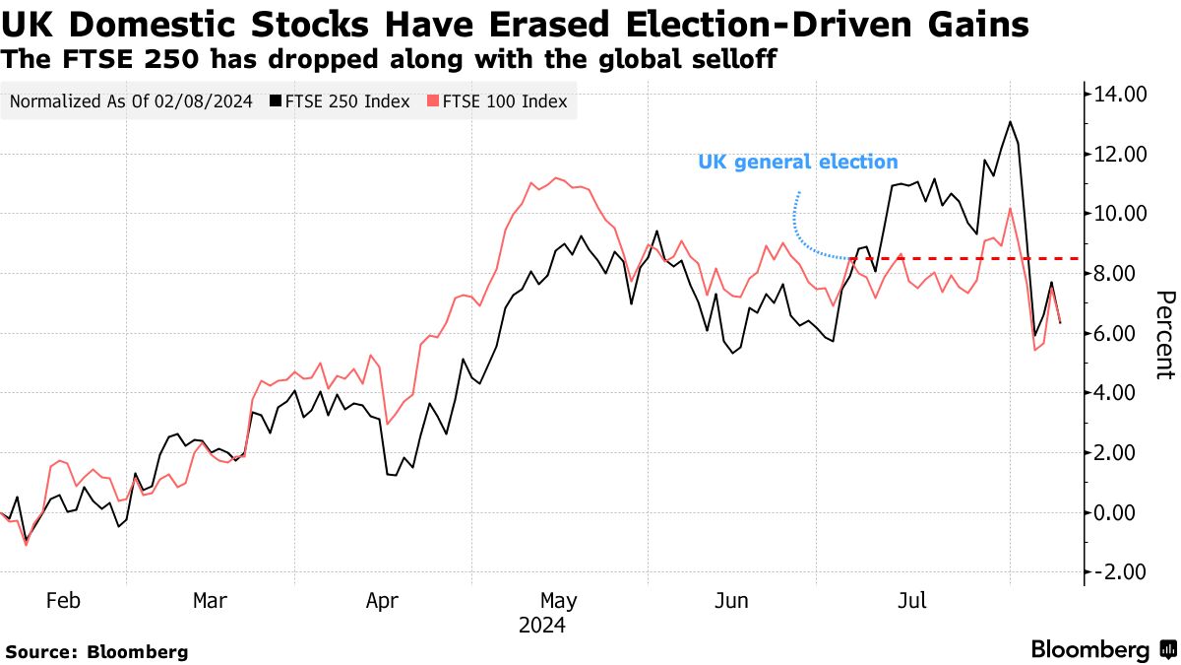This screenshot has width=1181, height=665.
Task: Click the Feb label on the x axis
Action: pos(63,601)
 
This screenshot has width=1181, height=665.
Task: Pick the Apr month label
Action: pos(384,601)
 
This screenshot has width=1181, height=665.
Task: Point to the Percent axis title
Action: pos(1165,335)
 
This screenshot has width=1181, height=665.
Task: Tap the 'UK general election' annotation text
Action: pos(797,162)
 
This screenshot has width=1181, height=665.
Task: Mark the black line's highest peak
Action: pos(1010,122)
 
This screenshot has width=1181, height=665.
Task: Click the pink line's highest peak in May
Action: pos(556,178)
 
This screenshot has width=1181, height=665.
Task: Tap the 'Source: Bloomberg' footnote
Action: pos(96,651)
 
